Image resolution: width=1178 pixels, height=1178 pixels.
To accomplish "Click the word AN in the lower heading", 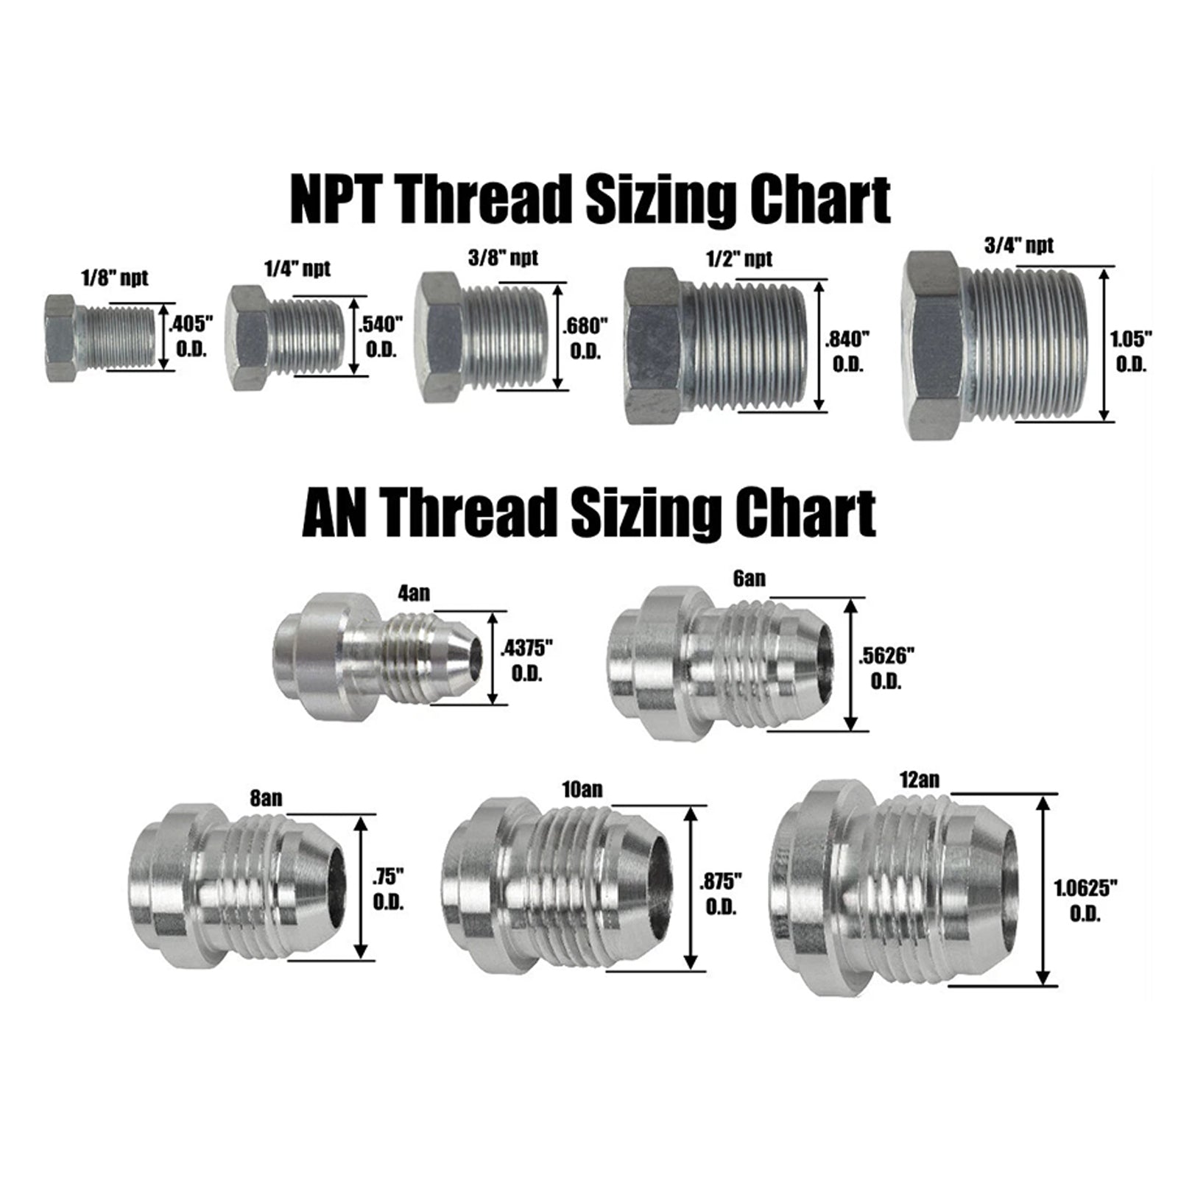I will click(336, 511).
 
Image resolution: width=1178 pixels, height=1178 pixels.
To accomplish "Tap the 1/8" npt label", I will click(115, 278).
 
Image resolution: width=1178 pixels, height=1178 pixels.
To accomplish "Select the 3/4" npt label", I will click(1018, 245).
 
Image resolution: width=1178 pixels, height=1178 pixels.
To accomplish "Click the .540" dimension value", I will click(380, 325).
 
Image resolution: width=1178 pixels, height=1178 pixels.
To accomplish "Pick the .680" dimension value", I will click(585, 325).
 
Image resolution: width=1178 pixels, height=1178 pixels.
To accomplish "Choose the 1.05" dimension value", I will click(1131, 339).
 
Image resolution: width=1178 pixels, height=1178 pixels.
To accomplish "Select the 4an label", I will click(413, 593).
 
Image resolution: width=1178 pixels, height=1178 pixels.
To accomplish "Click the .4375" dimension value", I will click(526, 648).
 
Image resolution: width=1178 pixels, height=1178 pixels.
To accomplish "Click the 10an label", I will click(581, 789).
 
